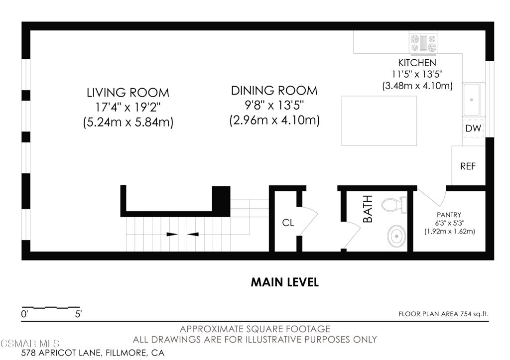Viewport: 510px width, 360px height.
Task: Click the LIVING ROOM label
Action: click(x=128, y=93)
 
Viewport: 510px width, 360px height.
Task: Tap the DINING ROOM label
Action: click(x=274, y=91)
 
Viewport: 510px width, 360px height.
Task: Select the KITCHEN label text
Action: click(x=417, y=62)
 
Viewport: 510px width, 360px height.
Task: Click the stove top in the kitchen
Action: click(x=423, y=43)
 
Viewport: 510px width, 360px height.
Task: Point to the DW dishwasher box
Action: click(x=473, y=128)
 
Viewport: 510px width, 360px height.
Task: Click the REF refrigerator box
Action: click(x=468, y=166)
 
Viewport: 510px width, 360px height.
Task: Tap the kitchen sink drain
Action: click(x=471, y=100)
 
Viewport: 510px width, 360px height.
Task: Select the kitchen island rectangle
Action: click(x=379, y=120)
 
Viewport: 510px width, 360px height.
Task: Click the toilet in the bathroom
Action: click(x=394, y=205)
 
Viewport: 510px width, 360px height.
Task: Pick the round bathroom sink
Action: click(x=396, y=236)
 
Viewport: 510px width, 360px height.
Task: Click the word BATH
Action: click(x=368, y=209)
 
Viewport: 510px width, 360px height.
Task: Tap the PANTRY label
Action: click(x=449, y=215)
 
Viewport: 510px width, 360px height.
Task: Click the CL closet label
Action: click(x=288, y=223)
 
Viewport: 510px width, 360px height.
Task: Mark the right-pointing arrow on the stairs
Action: click(x=172, y=234)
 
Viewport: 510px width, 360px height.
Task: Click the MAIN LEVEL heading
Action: click(x=284, y=282)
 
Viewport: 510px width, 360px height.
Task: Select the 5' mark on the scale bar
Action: click(x=78, y=314)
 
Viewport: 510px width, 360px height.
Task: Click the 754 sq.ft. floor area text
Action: click(x=474, y=314)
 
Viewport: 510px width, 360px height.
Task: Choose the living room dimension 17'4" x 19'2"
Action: click(x=128, y=108)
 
